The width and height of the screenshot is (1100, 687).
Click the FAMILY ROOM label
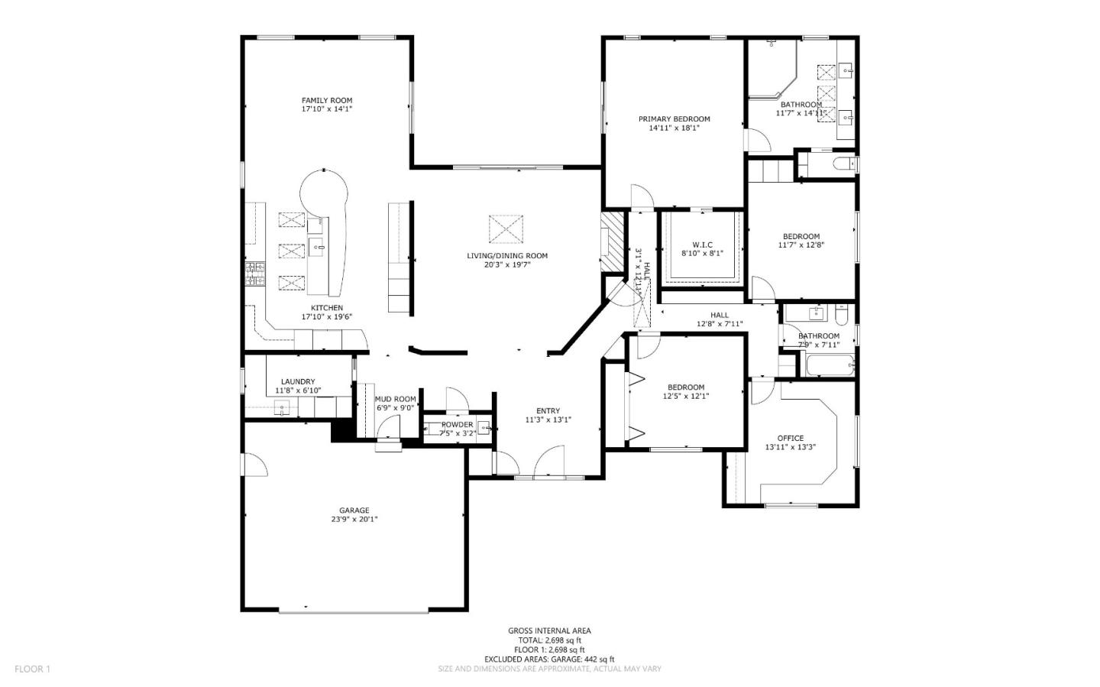click(326, 100)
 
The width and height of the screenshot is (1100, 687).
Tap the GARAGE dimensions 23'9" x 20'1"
click(354, 520)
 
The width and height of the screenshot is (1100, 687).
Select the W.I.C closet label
click(702, 245)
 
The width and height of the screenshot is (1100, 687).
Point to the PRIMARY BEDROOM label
click(674, 118)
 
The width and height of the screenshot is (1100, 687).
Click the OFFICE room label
click(790, 438)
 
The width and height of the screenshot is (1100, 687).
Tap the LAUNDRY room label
click(297, 381)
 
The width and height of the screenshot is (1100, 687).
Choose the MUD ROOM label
click(395, 399)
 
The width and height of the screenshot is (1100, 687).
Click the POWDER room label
click(457, 425)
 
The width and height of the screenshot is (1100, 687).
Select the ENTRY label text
click(548, 410)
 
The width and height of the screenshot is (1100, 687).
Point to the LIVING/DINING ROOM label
click(507, 256)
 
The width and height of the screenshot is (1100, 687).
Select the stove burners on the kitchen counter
click(254, 274)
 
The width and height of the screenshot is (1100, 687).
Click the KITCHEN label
click(326, 308)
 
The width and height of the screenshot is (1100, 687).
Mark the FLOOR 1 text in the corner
click(32, 669)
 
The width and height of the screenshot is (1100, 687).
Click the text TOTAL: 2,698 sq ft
click(549, 640)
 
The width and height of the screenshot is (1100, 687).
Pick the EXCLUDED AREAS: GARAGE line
click(549, 659)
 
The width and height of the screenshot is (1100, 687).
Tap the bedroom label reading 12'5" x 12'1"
click(684, 397)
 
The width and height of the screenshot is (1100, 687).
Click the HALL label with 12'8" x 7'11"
click(719, 315)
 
